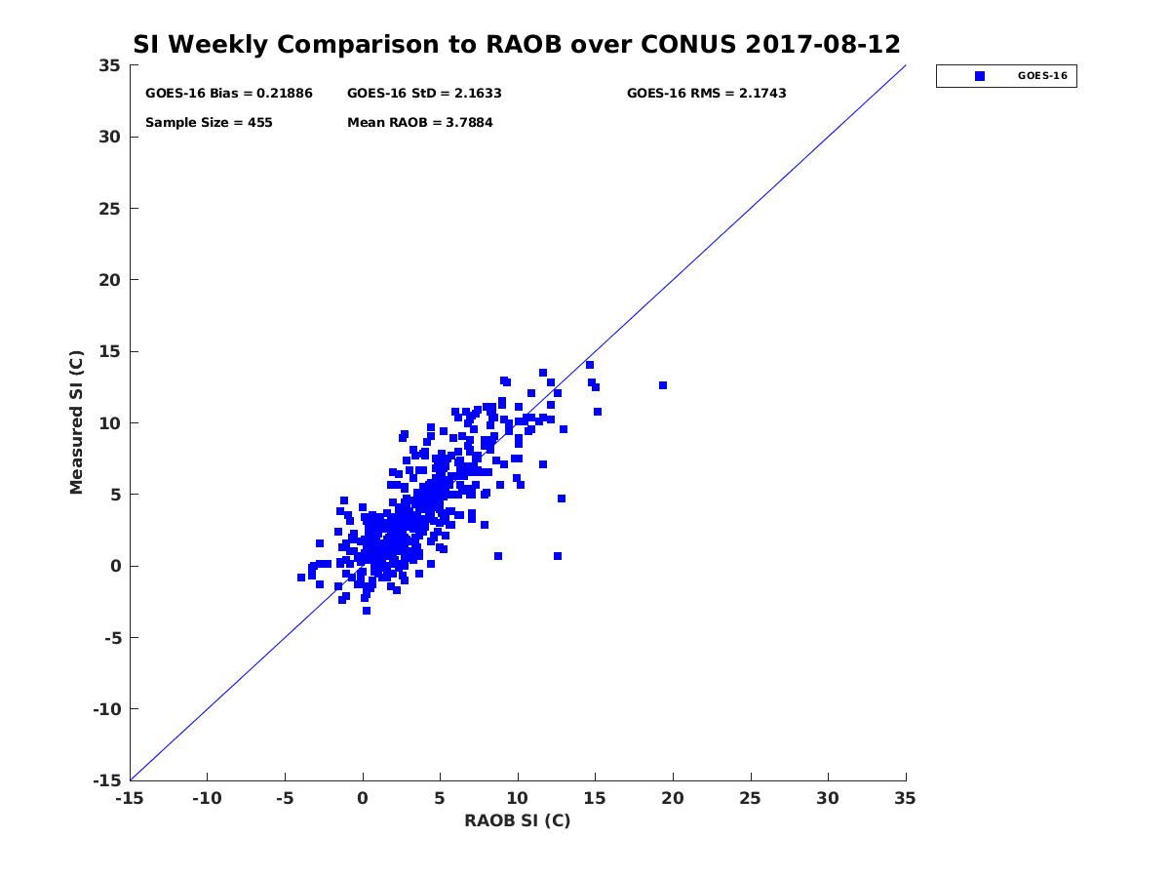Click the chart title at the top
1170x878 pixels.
coord(516,44)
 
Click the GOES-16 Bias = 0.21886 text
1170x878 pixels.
coord(229,94)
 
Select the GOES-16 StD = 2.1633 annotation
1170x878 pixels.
coord(424,94)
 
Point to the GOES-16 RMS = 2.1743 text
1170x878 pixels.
coord(706,94)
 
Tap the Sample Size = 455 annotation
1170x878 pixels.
coord(209,123)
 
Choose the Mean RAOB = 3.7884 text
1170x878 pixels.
coord(419,123)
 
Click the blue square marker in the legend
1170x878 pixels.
coord(979,76)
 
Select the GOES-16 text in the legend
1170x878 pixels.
coord(1042,76)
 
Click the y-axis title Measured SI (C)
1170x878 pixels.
coord(77,421)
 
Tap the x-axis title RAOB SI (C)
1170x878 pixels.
coord(517,819)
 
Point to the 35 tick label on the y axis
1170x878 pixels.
coord(109,65)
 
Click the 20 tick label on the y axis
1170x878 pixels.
coord(109,280)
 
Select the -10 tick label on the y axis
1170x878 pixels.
coord(107,709)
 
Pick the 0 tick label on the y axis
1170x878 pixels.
coord(116,566)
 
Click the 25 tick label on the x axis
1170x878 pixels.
coord(750,798)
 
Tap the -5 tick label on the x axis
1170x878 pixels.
coord(285,798)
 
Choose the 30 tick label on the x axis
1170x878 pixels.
coord(827,798)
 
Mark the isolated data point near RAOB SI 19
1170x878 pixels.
coord(663,385)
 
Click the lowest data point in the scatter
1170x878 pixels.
coord(367,611)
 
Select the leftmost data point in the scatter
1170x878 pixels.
coord(301,578)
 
